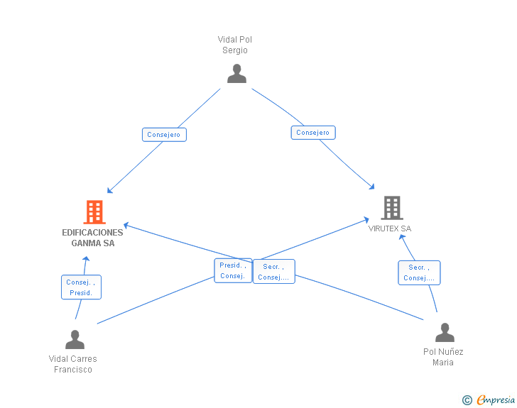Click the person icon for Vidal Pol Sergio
pos(236,74)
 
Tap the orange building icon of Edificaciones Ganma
pos(94,211)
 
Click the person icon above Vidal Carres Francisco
pos(75,340)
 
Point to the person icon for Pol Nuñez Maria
pos(445,333)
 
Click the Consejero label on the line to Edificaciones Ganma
pos(164,134)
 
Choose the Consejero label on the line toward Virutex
pos(313,133)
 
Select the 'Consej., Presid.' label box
pos(81,287)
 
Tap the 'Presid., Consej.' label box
pos(233,270)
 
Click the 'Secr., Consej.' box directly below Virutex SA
pos(419,272)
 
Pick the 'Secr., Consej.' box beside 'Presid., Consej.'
pos(273,272)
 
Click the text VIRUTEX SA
pos(390,228)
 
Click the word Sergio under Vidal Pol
pos(234,50)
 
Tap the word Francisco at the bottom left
pos(73,370)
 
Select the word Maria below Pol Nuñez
pos(443,363)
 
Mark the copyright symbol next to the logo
pos(467,400)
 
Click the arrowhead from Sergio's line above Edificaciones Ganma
pos(109,191)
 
